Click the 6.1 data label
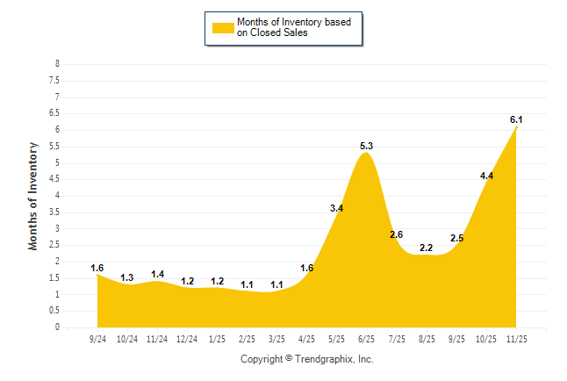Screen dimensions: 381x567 (x=516, y=119)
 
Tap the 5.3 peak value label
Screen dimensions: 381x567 (x=367, y=146)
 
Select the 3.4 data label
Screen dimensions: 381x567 (x=337, y=208)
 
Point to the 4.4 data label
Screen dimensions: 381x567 (x=486, y=176)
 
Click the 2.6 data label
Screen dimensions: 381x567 (x=396, y=234)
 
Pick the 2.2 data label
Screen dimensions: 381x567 (x=427, y=248)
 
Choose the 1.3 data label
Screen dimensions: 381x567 (x=127, y=277)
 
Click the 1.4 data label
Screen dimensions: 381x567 (x=157, y=274)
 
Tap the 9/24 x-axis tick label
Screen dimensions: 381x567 (x=97, y=338)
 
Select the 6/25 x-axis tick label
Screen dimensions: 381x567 (x=367, y=338)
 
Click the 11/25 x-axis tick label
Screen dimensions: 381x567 (x=516, y=338)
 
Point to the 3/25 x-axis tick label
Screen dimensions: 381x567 (x=276, y=338)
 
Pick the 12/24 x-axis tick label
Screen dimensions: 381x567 (x=187, y=338)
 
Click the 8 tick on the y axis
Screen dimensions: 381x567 (x=57, y=64)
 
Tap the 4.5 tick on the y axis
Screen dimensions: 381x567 (x=55, y=179)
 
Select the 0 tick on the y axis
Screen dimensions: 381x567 (x=57, y=327)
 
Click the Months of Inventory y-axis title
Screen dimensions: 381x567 (x=33, y=196)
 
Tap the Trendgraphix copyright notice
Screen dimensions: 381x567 (x=307, y=359)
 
